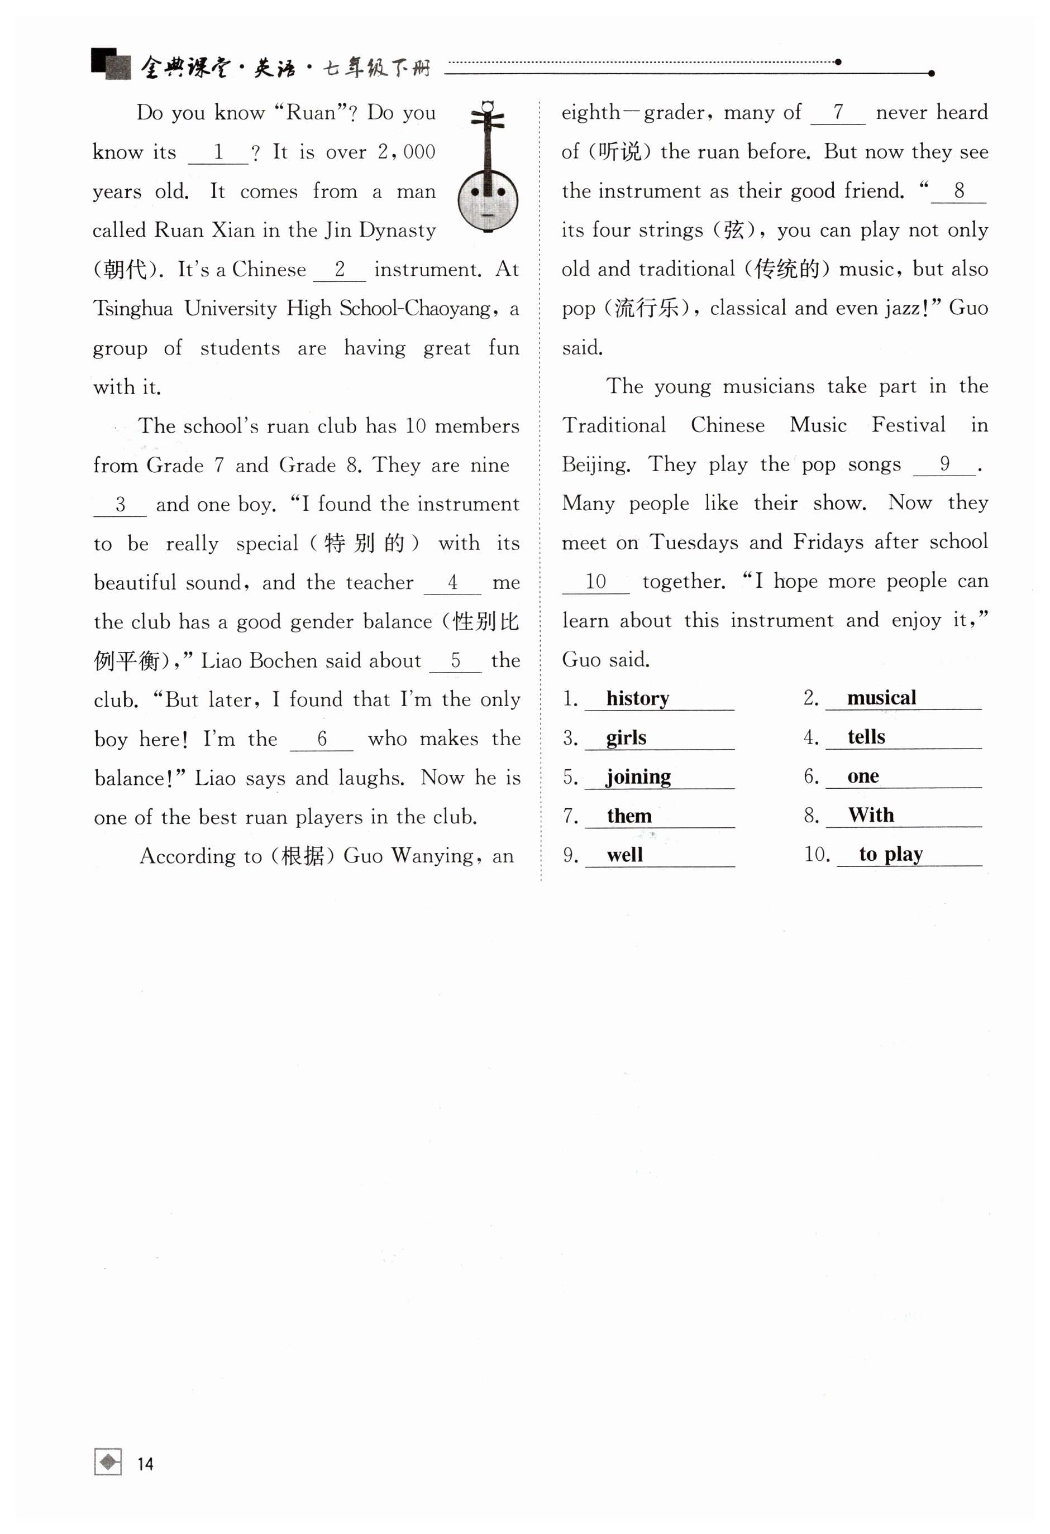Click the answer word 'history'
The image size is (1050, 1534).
637,698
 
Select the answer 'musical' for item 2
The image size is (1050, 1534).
881,698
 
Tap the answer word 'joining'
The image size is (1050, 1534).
638,776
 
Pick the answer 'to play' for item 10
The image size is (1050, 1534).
890,854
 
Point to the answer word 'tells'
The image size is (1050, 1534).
866,737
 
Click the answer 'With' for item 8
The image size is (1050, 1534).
870,814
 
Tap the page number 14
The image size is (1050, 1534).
145,1464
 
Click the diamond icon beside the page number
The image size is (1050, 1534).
108,1462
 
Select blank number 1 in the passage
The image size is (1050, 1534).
218,153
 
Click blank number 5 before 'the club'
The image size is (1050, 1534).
455,661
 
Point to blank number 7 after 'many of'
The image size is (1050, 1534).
837,113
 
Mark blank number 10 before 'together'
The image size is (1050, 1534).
595,582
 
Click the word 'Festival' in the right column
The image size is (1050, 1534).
908,424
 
